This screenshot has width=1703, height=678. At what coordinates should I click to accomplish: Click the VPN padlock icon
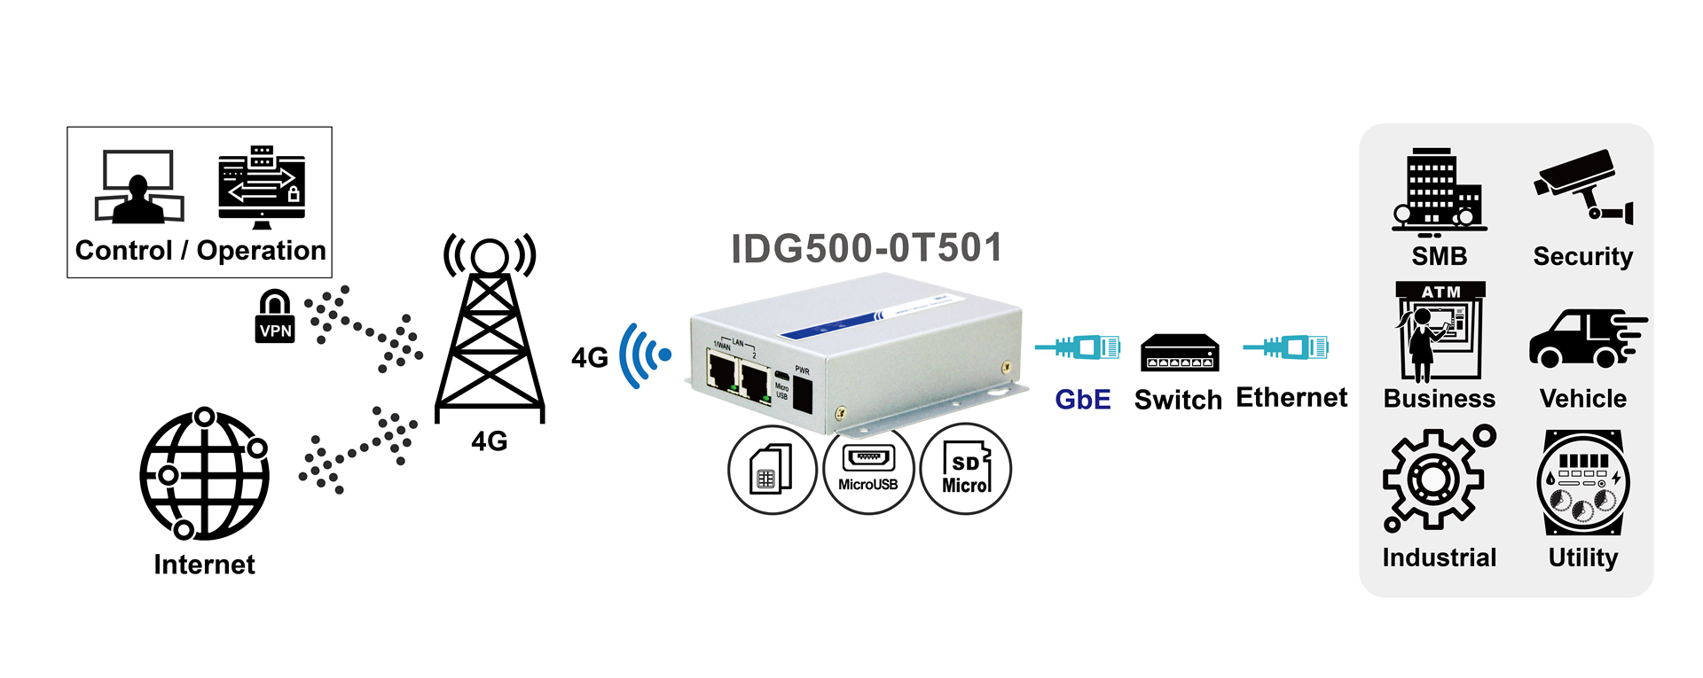(275, 316)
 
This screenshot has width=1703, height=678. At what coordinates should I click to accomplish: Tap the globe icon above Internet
(204, 474)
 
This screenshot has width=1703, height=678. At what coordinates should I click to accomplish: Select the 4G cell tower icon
(490, 328)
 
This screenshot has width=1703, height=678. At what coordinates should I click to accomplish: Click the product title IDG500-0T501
(866, 248)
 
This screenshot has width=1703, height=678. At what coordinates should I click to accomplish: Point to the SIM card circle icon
(772, 470)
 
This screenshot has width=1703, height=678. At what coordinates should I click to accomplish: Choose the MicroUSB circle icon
(868, 470)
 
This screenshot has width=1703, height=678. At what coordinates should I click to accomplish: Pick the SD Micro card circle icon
(966, 470)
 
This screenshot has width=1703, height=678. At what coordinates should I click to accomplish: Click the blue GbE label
(1082, 400)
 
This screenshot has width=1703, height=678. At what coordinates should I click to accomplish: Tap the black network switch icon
(1179, 353)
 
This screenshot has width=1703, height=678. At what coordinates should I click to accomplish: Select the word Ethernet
(1291, 398)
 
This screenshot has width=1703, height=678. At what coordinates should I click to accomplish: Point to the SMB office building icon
(1438, 191)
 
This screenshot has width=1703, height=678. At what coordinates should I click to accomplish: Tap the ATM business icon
(1440, 331)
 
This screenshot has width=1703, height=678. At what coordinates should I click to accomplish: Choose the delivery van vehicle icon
(1585, 339)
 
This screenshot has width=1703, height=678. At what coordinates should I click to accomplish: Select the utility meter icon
(1583, 483)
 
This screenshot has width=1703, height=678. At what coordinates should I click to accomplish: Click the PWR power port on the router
(802, 391)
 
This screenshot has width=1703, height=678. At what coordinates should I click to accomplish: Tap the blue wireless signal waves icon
(645, 355)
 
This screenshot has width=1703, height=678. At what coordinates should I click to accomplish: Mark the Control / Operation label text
(200, 251)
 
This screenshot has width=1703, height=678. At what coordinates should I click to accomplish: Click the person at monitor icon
(138, 186)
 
